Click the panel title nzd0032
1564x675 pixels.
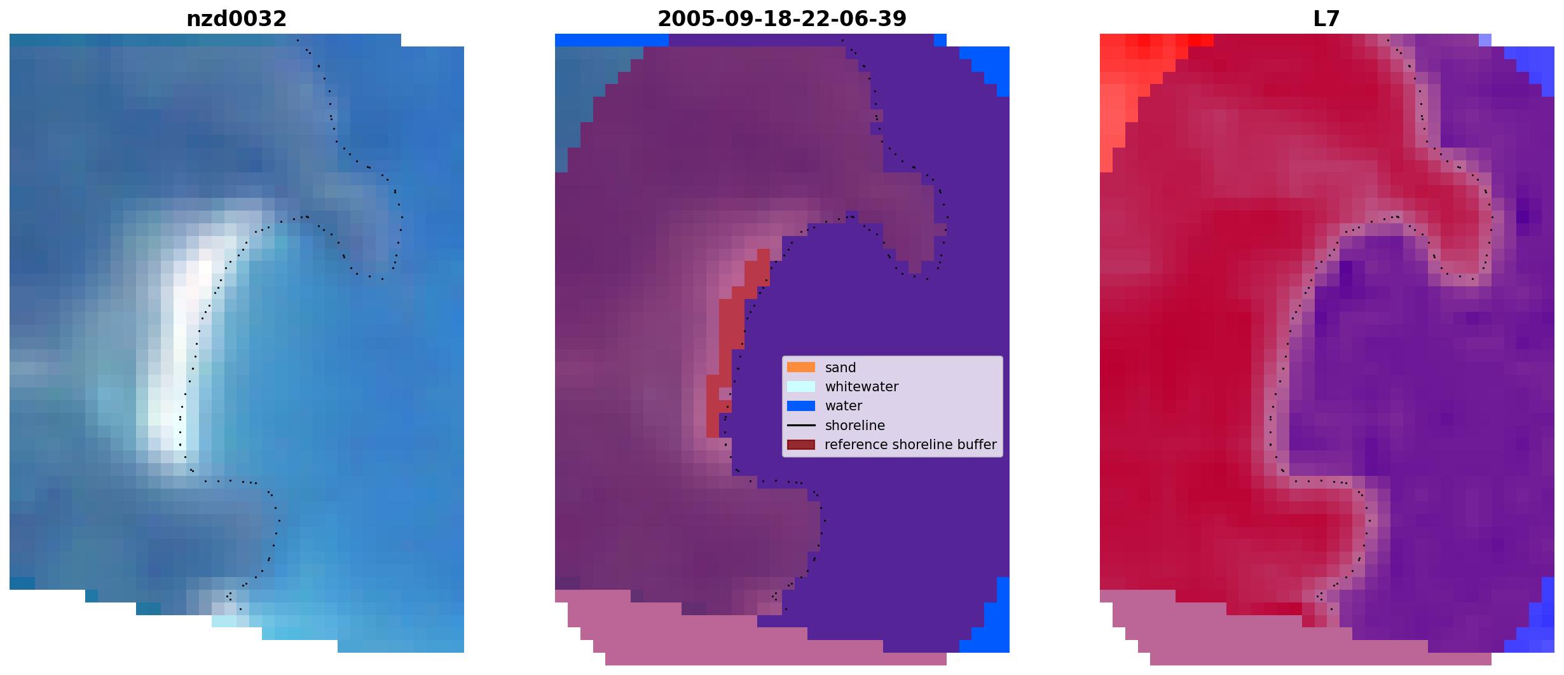click(x=237, y=18)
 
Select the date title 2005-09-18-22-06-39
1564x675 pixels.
click(x=782, y=18)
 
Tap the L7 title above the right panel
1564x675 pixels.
click(x=1327, y=18)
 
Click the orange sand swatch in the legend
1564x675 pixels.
click(x=801, y=367)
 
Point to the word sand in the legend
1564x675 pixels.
click(x=840, y=368)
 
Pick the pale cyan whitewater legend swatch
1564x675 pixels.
click(x=801, y=386)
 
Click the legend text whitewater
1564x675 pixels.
click(x=861, y=387)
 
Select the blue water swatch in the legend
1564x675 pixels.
click(x=801, y=405)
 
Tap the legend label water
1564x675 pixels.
click(x=844, y=406)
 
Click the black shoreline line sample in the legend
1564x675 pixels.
click(x=801, y=425)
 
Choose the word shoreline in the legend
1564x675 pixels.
click(x=855, y=425)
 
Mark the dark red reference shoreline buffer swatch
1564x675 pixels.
click(x=801, y=444)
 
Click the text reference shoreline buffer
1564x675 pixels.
click(x=910, y=445)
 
